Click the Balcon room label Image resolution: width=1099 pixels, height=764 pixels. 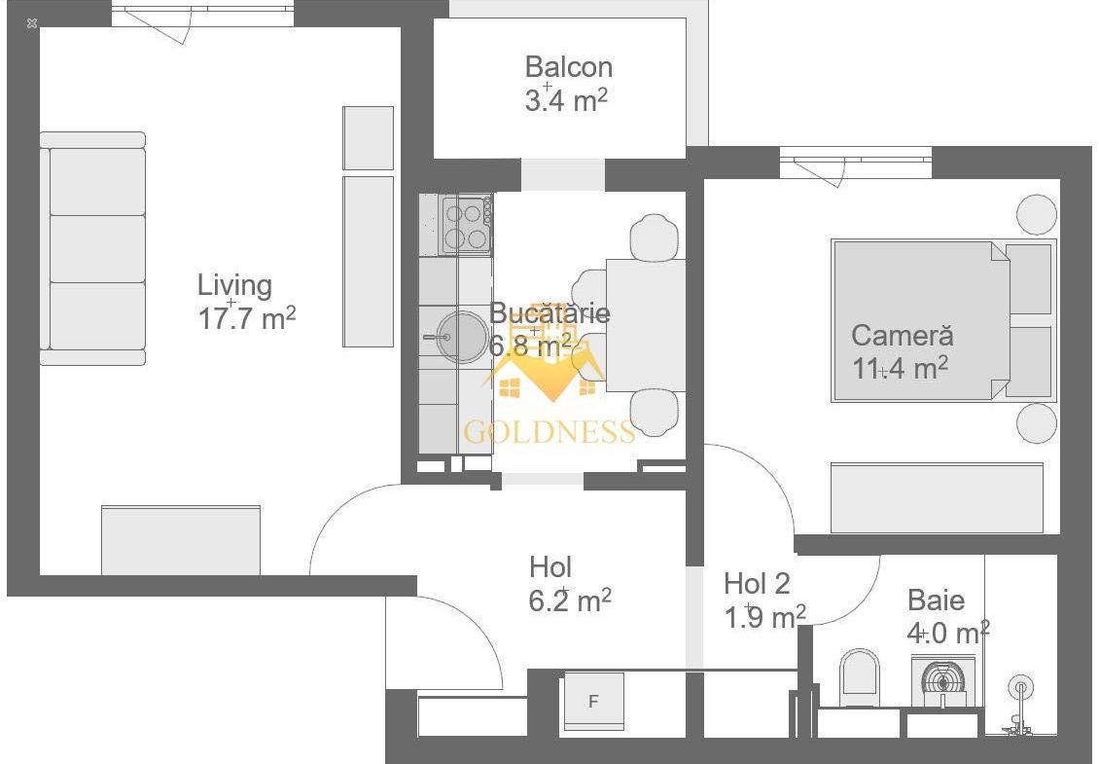pyautogui.click(x=568, y=67)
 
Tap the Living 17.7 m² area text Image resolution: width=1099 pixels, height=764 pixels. pyautogui.click(x=247, y=318)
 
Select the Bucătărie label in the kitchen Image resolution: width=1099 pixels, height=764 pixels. pyautogui.click(x=549, y=312)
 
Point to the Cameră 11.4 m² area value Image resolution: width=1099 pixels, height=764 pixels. pyautogui.click(x=900, y=368)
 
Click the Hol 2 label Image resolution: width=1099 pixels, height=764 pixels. pyautogui.click(x=757, y=584)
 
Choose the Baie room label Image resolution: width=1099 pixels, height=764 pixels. pyautogui.click(x=936, y=600)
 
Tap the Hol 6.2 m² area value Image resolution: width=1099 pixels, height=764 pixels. pyautogui.click(x=570, y=600)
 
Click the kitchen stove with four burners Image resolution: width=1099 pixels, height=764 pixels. pyautogui.click(x=466, y=225)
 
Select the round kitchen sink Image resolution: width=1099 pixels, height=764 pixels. pyautogui.click(x=462, y=338)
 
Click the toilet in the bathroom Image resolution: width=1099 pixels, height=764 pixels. pyautogui.click(x=860, y=677)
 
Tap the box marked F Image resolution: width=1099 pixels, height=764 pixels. pyautogui.click(x=593, y=701)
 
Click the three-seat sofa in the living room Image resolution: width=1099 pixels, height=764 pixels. pyautogui.click(x=92, y=248)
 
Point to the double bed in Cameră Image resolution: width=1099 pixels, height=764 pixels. pyautogui.click(x=942, y=320)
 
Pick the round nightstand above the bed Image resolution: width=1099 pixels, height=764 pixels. pyautogui.click(x=1037, y=214)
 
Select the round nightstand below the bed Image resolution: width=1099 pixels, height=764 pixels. pyautogui.click(x=1037, y=423)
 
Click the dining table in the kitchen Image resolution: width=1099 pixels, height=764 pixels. pyautogui.click(x=646, y=325)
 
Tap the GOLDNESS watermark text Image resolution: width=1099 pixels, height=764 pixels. pyautogui.click(x=549, y=432)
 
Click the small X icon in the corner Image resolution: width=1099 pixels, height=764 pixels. pyautogui.click(x=31, y=23)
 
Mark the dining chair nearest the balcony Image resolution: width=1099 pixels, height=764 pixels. pyautogui.click(x=654, y=237)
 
